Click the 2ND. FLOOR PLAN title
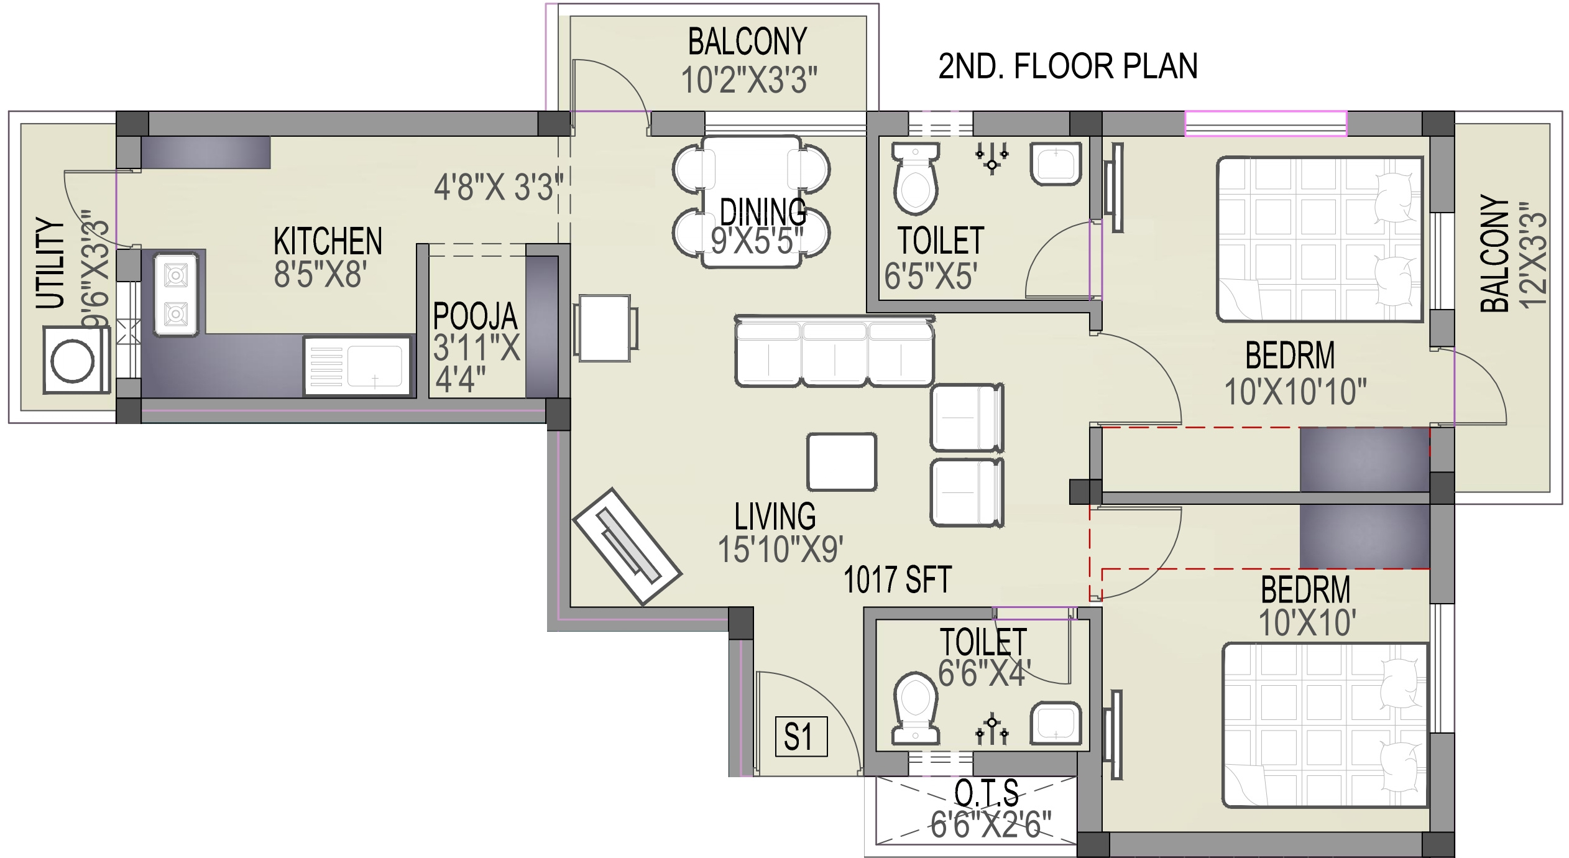click(1067, 67)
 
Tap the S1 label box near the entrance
click(801, 737)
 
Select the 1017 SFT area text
click(897, 579)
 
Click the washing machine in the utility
click(76, 361)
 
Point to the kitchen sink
click(357, 366)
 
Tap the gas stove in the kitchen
click(177, 294)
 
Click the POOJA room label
click(475, 316)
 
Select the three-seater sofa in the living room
click(834, 351)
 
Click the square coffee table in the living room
click(842, 462)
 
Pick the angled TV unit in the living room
click(627, 547)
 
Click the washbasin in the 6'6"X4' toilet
click(1056, 723)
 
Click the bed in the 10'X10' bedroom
click(1325, 726)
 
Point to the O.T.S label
click(987, 792)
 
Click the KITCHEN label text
click(328, 241)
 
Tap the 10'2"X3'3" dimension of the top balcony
click(749, 80)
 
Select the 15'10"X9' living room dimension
click(780, 550)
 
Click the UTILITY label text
click(50, 263)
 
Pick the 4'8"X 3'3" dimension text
click(498, 187)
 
